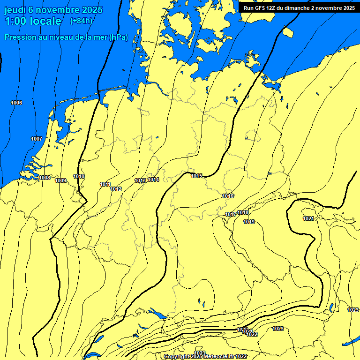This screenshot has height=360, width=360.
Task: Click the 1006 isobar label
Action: tap(16, 103)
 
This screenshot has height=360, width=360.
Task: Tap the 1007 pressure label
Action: tap(37, 139)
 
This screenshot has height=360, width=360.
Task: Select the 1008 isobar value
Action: tap(45, 178)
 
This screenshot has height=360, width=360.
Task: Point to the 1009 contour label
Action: tap(60, 180)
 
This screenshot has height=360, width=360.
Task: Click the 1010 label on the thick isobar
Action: tap(79, 176)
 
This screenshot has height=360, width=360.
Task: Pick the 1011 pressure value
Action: tap(105, 184)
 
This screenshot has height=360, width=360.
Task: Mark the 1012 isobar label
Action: tap(116, 189)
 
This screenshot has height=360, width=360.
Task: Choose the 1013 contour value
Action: tap(140, 180)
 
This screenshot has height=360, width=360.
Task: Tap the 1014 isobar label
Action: tap(153, 180)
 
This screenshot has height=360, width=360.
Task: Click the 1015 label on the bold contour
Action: tap(196, 176)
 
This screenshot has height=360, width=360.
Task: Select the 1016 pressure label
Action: tap(228, 196)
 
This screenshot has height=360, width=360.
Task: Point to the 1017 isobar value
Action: tap(230, 214)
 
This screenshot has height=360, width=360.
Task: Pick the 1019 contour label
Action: tap(249, 222)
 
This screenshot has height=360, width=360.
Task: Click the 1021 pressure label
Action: tap(308, 218)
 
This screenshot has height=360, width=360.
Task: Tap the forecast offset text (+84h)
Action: tap(81, 21)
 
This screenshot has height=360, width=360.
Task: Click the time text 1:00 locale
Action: tap(33, 21)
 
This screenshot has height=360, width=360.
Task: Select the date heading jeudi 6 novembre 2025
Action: tap(53, 9)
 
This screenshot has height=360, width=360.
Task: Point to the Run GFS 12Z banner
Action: tap(299, 8)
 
